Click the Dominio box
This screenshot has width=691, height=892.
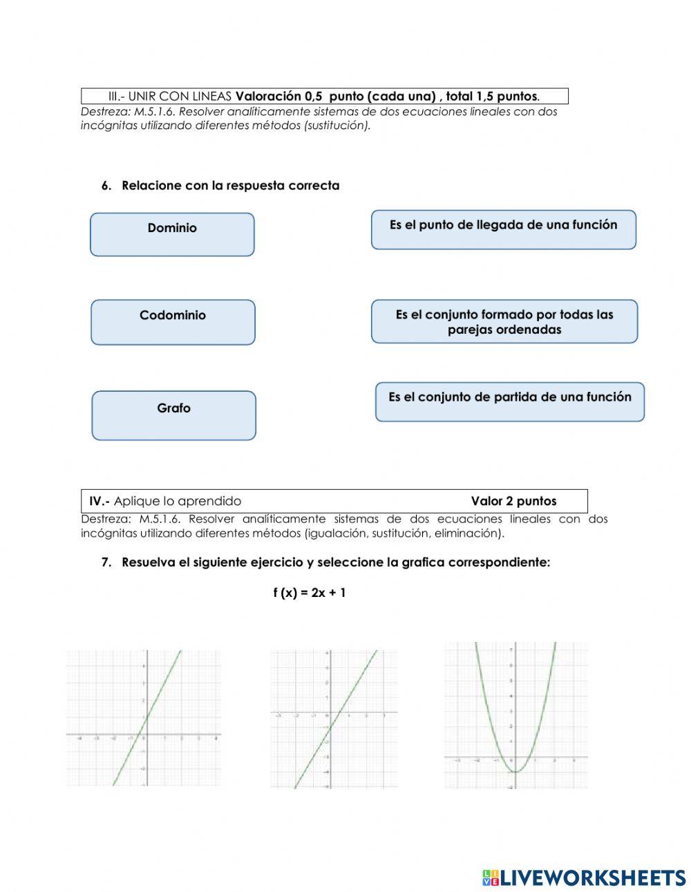(x=172, y=234)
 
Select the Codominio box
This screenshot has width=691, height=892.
(x=173, y=322)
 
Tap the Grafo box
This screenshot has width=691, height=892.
(x=173, y=415)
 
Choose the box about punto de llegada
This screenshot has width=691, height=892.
(x=503, y=229)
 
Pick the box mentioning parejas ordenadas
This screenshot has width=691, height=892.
(x=504, y=321)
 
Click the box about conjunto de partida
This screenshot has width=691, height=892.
(x=509, y=401)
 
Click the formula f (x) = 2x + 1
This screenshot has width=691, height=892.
(x=309, y=593)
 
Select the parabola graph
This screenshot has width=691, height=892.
(x=515, y=715)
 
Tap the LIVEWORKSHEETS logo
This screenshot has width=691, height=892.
(x=584, y=877)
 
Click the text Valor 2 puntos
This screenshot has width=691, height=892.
(x=513, y=502)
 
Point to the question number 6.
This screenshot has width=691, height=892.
(x=106, y=186)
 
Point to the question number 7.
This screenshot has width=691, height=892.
(x=106, y=562)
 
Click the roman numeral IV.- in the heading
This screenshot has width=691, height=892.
(x=100, y=502)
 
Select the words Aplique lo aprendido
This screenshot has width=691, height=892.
(x=178, y=502)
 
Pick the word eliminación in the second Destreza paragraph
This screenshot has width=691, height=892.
(x=469, y=533)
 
